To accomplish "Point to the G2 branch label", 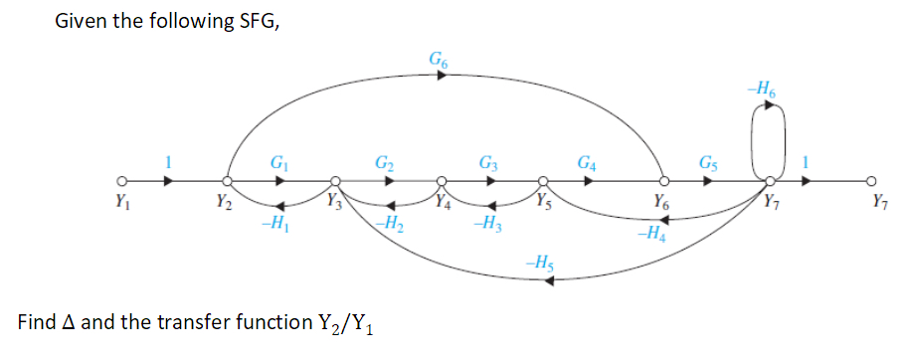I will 383,162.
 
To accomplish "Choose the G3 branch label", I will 488,162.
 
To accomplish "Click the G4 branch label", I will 588,162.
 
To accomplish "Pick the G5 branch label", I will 707,162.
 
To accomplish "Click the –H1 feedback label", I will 268,222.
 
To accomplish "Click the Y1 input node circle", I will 120,182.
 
